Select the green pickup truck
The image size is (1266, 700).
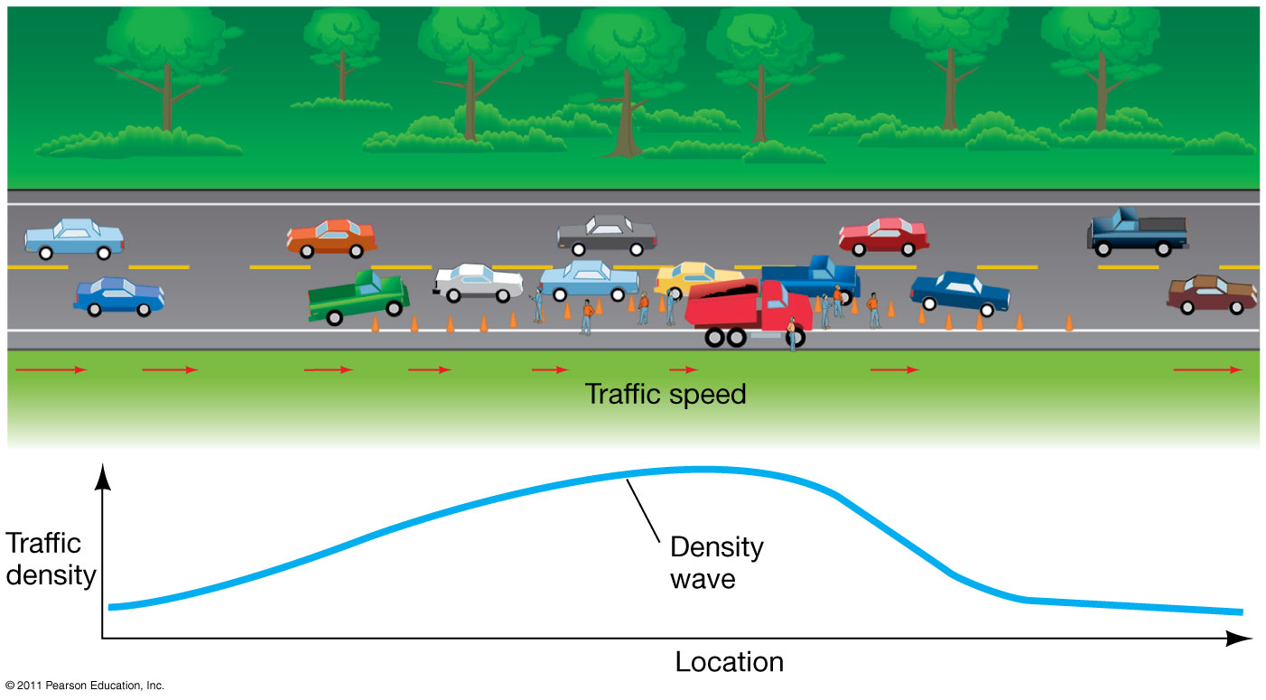tap(358, 296)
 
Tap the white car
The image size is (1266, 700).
tap(478, 283)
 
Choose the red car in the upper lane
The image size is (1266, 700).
tap(883, 237)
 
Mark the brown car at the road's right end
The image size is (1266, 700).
tap(1211, 294)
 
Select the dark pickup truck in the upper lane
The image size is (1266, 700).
tap(1137, 231)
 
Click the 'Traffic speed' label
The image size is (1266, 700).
tap(666, 395)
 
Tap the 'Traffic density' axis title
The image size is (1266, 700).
tap(50, 559)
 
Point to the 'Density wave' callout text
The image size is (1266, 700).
tap(716, 563)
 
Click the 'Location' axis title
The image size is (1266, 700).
tap(729, 662)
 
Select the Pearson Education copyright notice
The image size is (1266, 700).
tap(84, 686)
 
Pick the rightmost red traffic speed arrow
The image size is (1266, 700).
tap(1207, 369)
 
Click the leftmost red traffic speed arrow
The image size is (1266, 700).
tap(51, 369)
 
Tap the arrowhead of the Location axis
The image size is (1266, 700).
tap(1241, 639)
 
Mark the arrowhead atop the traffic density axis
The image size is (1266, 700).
tap(104, 474)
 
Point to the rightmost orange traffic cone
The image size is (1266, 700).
tap(1069, 322)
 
